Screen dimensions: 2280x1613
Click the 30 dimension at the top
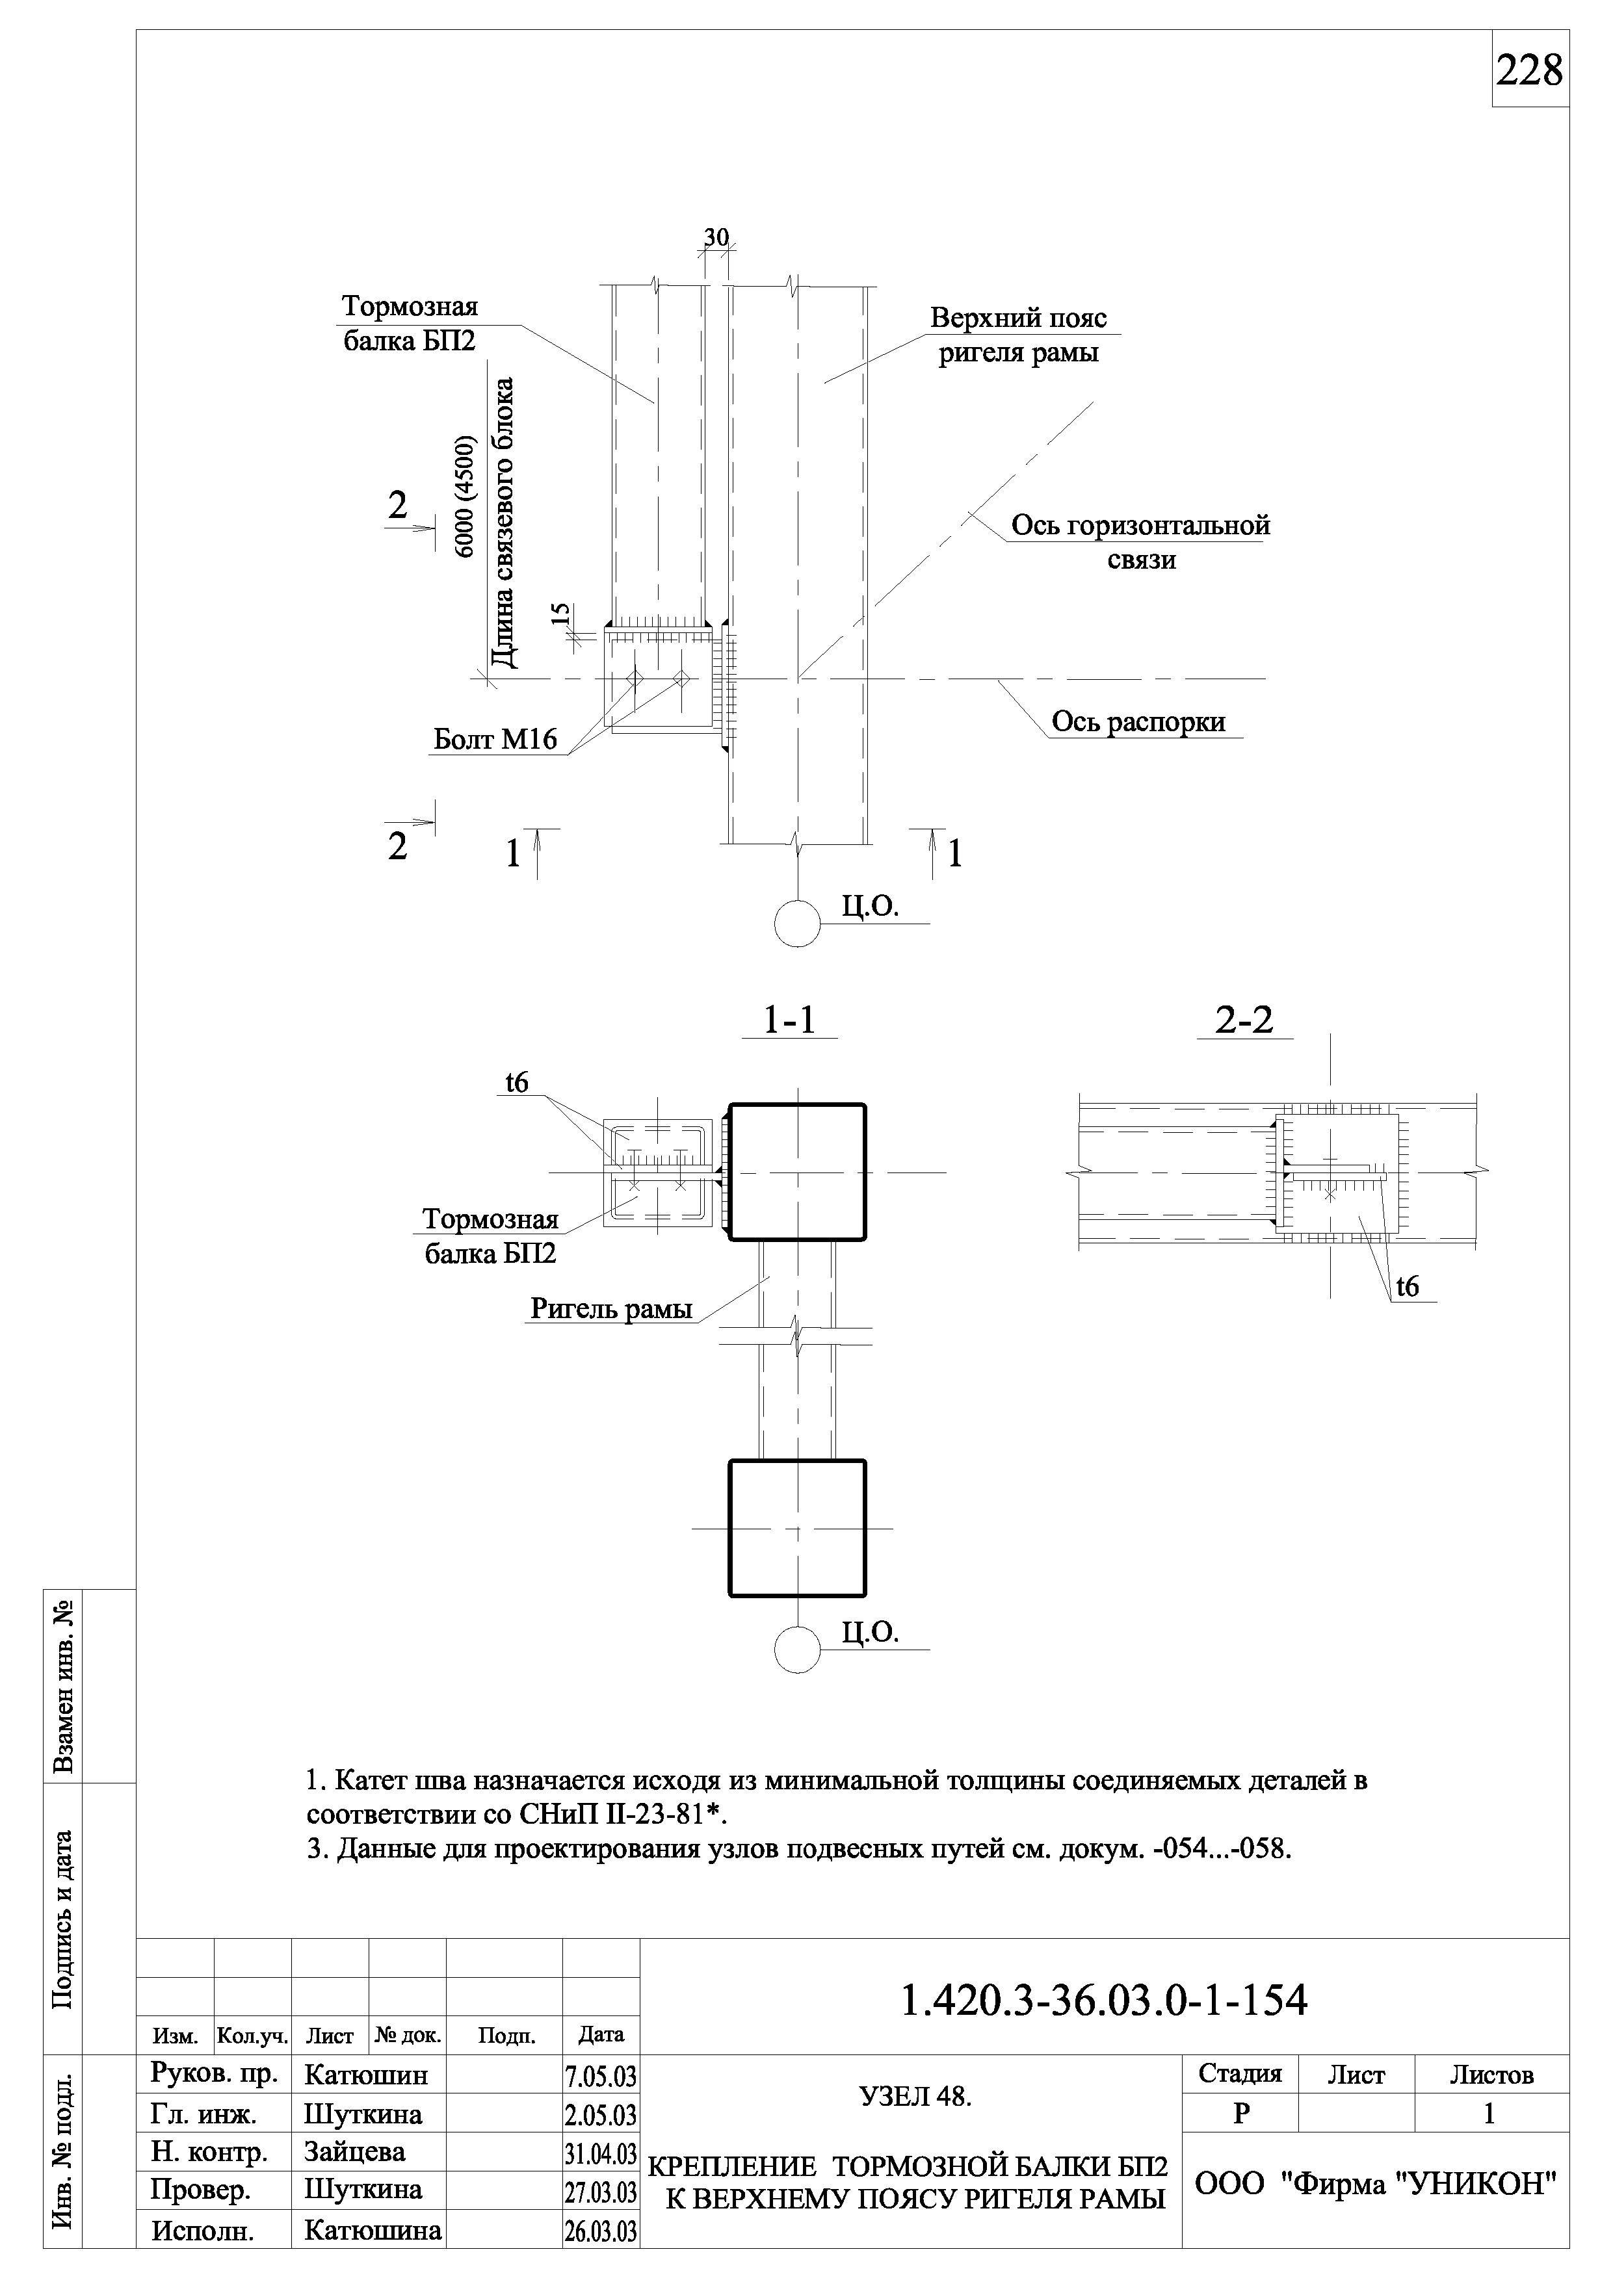[716, 237]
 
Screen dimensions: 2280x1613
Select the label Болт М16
[495, 739]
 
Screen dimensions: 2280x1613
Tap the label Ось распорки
[1138, 722]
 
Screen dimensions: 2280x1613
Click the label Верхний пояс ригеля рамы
[1018, 335]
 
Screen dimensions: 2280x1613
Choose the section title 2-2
[1244, 1020]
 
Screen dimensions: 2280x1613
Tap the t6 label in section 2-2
[1408, 1287]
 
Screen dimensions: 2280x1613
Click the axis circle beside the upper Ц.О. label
[796, 924]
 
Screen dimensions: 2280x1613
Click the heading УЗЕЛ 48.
[915, 2096]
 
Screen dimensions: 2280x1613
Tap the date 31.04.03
[600, 2154]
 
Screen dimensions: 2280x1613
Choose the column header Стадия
[1240, 2073]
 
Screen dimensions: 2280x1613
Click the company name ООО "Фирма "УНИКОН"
[1374, 2184]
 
